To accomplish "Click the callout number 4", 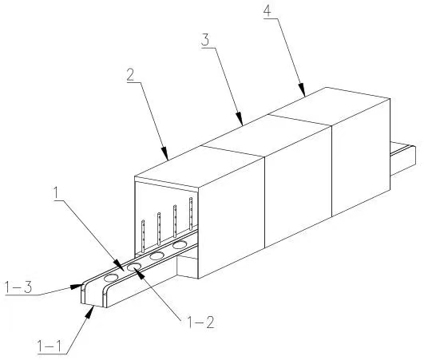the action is tap(267, 11).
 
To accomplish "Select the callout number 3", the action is tap(205, 40).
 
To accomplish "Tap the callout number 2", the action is tap(130, 74).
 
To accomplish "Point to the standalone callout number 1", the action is tap(56, 193).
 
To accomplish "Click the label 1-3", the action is tap(18, 287).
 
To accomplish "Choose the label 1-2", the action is tap(200, 322).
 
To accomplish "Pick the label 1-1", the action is tap(50, 346).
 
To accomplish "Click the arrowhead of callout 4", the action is tap(303, 89).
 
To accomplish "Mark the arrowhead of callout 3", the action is tap(240, 119).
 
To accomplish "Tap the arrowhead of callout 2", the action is tap(164, 153).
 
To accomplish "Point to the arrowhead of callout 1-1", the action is tap(90, 311).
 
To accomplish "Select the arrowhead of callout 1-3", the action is tap(77, 287).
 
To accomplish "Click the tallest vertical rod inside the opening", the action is tap(191, 213).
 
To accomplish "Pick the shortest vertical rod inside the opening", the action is tap(143, 236).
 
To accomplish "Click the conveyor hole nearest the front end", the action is tap(111, 278).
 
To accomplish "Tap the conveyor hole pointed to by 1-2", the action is tap(134, 267).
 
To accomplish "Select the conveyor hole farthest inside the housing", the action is tap(180, 245).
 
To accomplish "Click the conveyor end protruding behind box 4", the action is tap(403, 159).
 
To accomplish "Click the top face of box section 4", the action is tap(329, 106).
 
